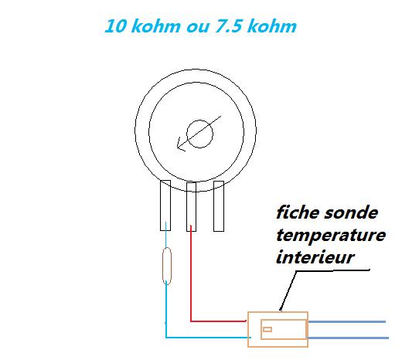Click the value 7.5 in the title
point(230,26)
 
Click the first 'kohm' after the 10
point(156,26)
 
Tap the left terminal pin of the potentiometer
point(165,205)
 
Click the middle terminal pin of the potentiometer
point(191,207)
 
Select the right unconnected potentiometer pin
point(219,206)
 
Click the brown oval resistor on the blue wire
point(167,266)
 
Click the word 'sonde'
point(351,213)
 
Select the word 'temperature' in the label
point(331,236)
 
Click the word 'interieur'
point(315,257)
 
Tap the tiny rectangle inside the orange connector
point(267,330)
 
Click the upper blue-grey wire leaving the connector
point(347,322)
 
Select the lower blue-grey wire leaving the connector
point(348,338)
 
